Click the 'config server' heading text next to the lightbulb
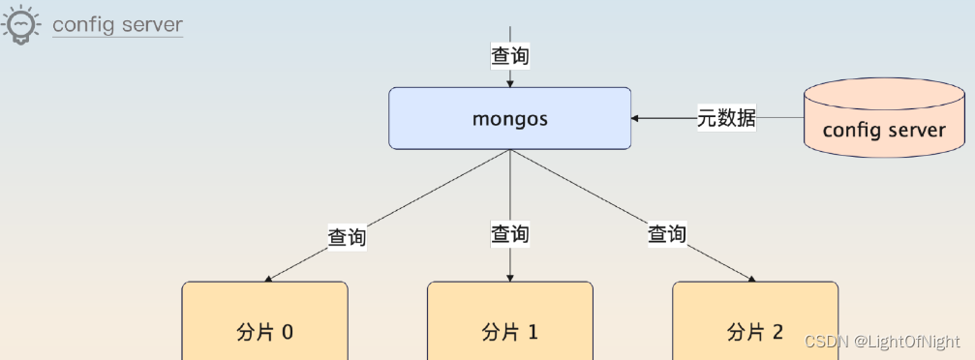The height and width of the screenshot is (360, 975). pos(117,24)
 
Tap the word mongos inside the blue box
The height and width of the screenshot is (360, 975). pos(509,119)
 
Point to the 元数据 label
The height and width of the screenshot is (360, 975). pos(726,119)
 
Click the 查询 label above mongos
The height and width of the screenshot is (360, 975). pos(510,56)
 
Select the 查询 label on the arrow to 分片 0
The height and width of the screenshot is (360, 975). pos(347,236)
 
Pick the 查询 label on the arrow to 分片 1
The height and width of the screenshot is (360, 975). pos(510,234)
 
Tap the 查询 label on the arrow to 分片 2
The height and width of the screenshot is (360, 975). pos(666,234)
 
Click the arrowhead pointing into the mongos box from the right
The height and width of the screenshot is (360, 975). pos(635,119)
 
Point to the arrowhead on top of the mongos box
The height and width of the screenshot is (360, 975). pos(510,84)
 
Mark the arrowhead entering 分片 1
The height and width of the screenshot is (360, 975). pos(510,278)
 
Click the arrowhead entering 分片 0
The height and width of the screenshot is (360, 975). pos(268,279)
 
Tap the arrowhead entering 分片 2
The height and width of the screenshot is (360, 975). pos(751,279)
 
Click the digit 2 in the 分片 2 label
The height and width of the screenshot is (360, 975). pos(777,333)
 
